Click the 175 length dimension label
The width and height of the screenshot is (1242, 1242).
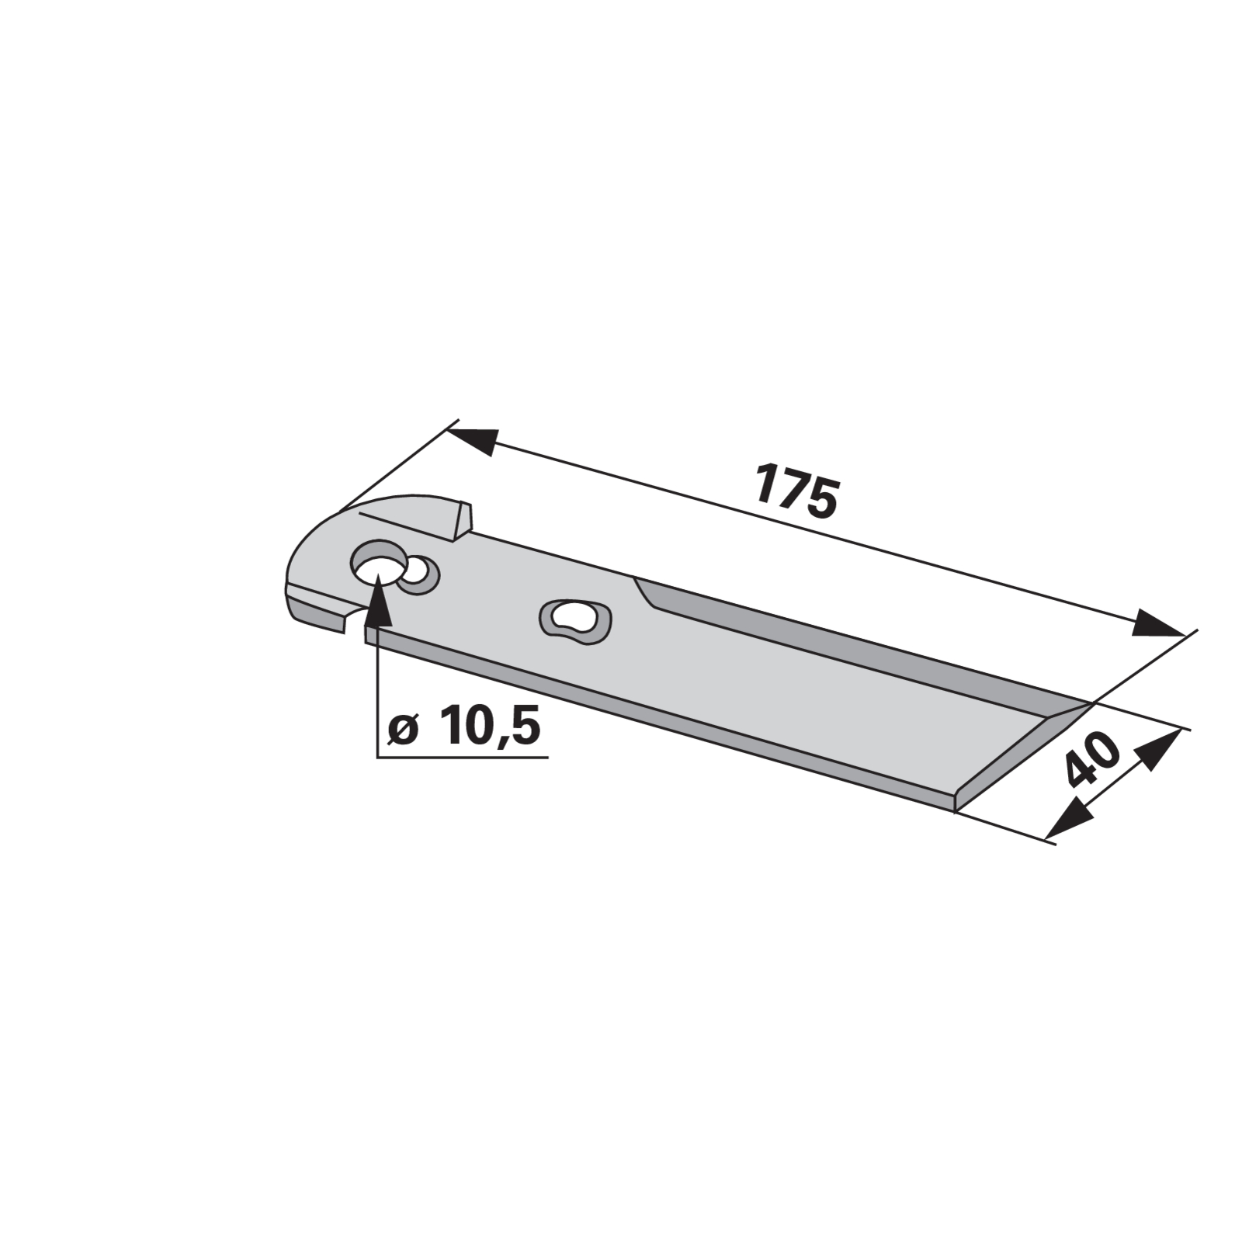click(796, 491)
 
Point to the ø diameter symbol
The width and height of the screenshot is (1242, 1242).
click(404, 730)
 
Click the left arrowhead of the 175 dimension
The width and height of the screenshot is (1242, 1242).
click(471, 439)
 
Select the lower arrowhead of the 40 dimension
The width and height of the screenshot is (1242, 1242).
click(1067, 817)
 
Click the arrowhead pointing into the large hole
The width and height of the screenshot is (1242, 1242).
click(376, 598)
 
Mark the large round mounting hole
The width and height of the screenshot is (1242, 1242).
click(379, 564)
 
